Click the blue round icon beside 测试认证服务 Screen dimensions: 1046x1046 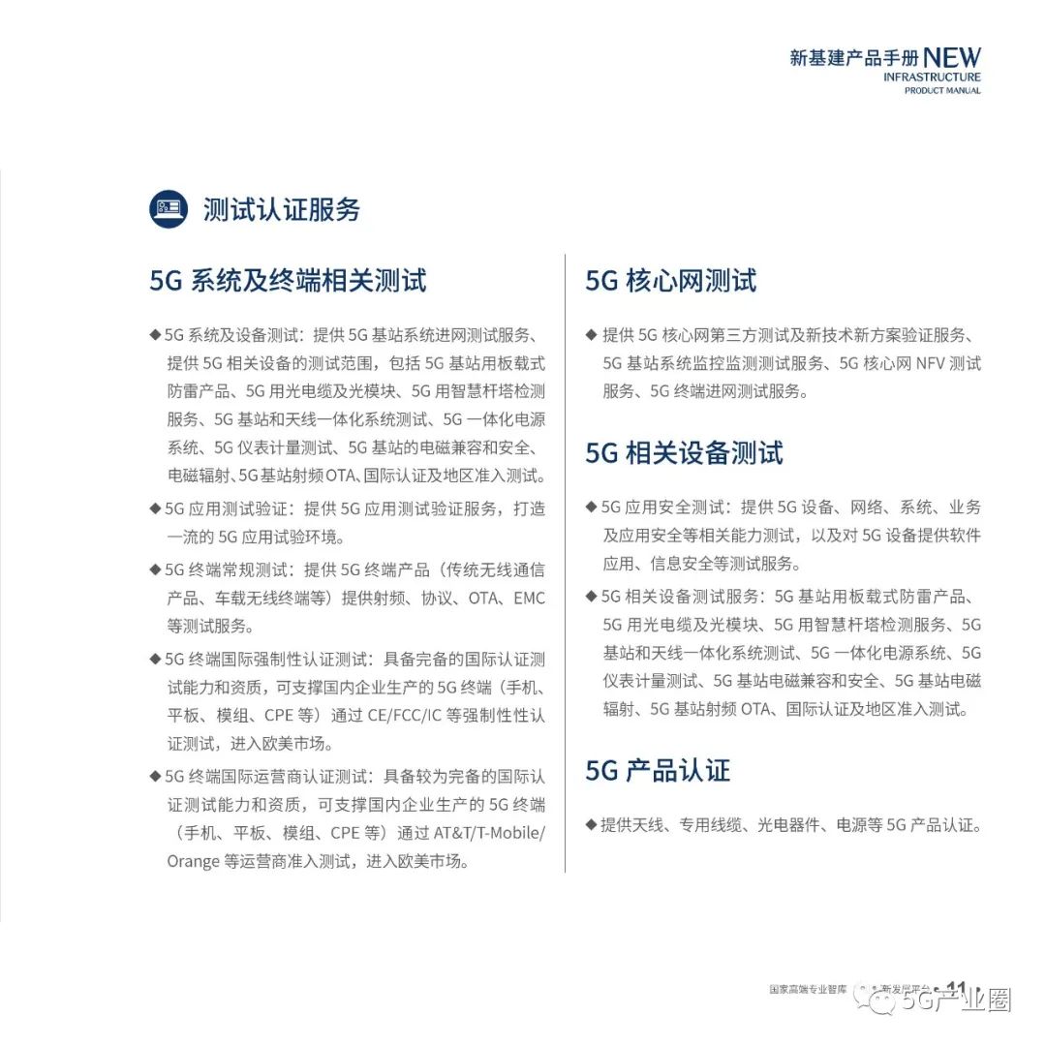click(169, 209)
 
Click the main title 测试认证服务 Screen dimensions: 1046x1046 click(281, 210)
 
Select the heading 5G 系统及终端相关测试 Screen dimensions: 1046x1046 click(288, 281)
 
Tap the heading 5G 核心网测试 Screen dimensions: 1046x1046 click(670, 281)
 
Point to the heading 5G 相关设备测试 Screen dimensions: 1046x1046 click(684, 453)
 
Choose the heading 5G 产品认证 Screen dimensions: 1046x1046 click(658, 771)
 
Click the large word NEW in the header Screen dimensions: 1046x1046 click(951, 58)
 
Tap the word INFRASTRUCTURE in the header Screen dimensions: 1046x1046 click(932, 77)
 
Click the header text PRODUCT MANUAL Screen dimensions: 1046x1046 click(942, 91)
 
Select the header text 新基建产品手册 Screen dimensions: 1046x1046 click(852, 59)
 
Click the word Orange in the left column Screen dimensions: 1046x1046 click(193, 861)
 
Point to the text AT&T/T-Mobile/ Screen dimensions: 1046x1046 click(489, 833)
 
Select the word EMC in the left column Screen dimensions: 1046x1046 click(529, 599)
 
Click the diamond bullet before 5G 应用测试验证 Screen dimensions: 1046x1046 click(155, 508)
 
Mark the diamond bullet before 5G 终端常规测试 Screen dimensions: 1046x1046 click(155, 569)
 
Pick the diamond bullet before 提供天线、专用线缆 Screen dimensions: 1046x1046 click(591, 825)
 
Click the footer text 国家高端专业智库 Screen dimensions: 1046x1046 click(808, 991)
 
